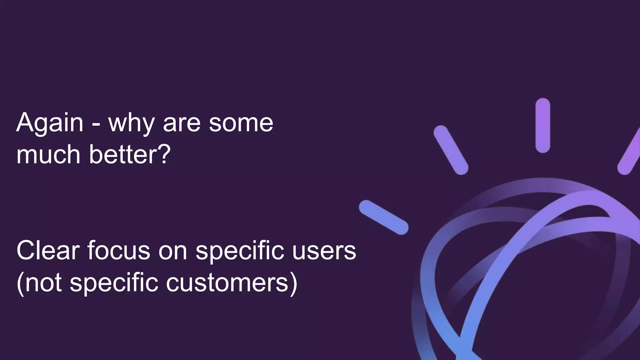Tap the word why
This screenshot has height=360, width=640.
point(131,123)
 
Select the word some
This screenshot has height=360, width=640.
point(241,123)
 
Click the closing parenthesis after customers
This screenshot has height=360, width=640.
point(294,283)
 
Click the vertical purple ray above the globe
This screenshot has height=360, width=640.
point(543,125)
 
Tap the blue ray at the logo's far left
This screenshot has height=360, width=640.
point(384,217)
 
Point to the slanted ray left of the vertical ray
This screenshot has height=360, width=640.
point(451,150)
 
